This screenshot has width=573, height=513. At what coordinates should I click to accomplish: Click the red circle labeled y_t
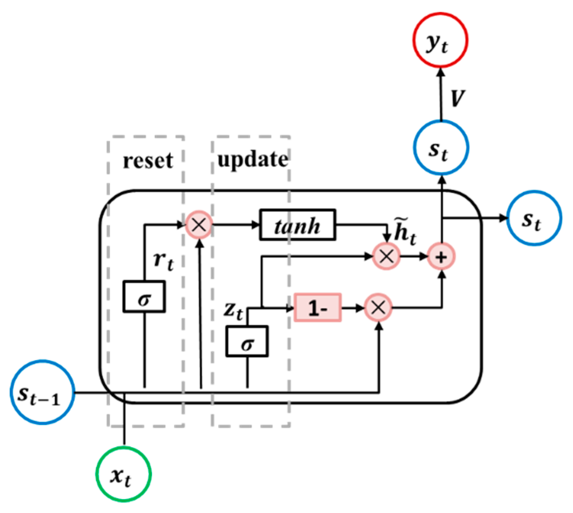440,40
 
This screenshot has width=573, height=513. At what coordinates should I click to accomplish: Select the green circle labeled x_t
123,474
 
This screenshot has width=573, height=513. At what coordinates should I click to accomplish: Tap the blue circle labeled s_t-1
42,392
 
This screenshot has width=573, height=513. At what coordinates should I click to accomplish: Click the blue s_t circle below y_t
441,148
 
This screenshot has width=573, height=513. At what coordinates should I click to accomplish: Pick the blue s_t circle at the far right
534,218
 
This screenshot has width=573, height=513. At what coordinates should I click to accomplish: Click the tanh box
297,225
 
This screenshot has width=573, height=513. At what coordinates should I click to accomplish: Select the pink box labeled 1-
317,308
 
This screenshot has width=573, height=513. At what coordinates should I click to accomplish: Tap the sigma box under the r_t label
144,297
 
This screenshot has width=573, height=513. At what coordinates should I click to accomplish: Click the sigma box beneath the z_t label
247,342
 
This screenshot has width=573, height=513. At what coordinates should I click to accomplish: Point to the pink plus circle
441,257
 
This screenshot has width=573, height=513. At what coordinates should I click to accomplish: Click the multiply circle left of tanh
199,225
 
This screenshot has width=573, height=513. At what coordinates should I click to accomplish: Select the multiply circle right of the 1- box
378,308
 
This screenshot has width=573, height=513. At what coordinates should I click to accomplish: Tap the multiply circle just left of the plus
386,256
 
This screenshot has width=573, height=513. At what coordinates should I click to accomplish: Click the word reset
148,160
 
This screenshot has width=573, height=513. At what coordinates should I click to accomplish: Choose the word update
252,159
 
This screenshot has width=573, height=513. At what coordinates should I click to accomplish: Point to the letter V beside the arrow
457,98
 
